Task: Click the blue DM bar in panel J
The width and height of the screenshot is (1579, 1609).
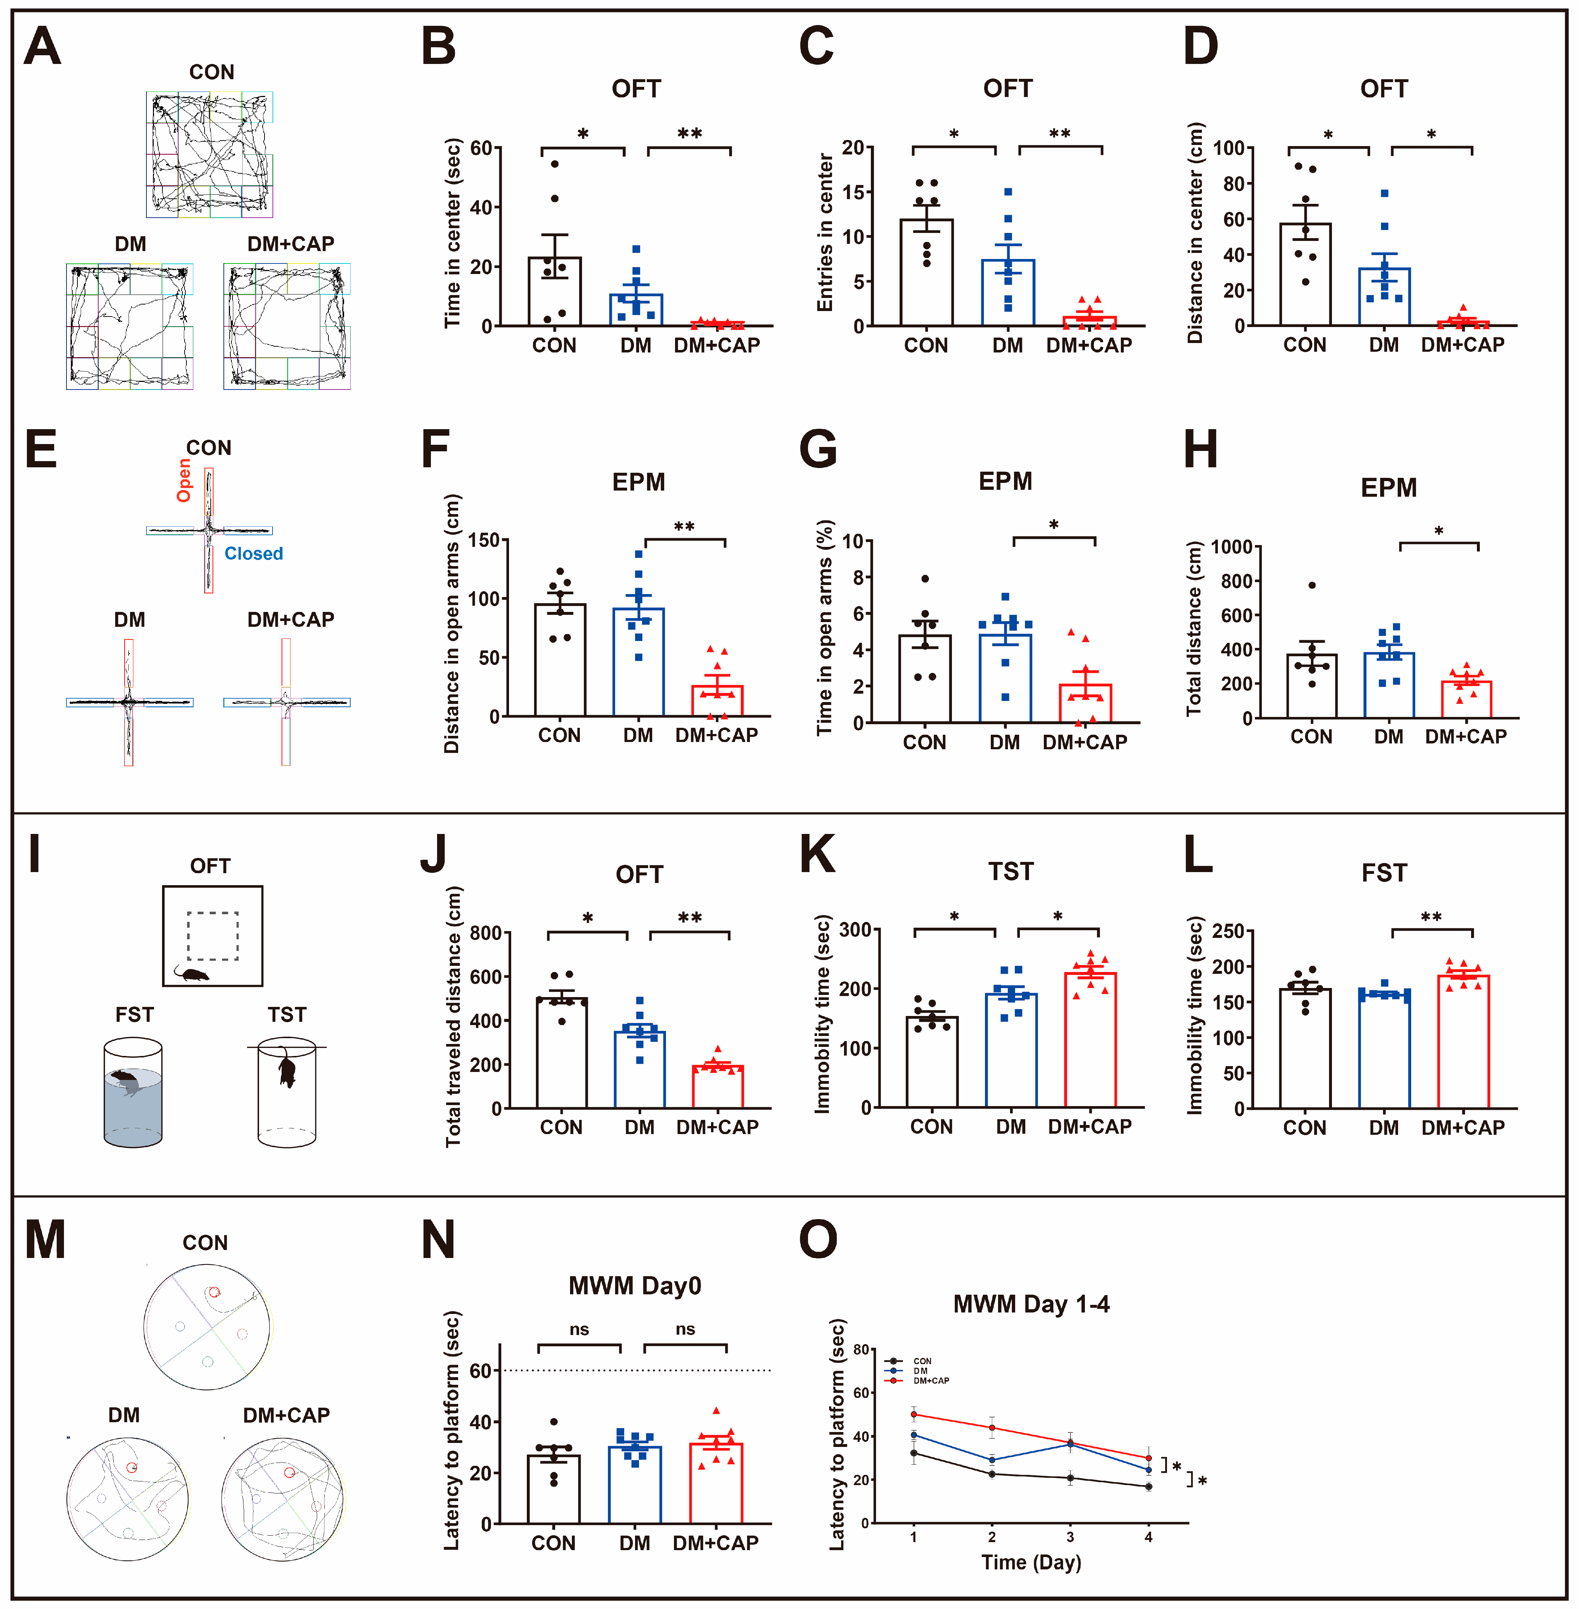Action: pyautogui.click(x=639, y=1070)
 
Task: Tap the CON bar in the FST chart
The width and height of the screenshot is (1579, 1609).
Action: pyautogui.click(x=1304, y=1049)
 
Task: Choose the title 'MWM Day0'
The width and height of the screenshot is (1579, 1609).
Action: pyautogui.click(x=634, y=1286)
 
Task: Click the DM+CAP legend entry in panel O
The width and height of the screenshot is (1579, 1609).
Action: pyautogui.click(x=930, y=1381)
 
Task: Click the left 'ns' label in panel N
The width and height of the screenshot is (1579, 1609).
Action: pyautogui.click(x=579, y=1330)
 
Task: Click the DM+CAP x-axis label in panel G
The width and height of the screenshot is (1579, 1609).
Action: pyautogui.click(x=1085, y=742)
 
